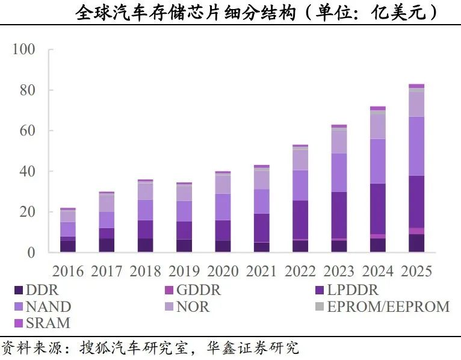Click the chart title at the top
point(257,13)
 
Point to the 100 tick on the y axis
point(24,49)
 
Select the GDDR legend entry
point(192,290)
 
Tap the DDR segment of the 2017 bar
point(107,245)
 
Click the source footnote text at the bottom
point(150,349)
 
